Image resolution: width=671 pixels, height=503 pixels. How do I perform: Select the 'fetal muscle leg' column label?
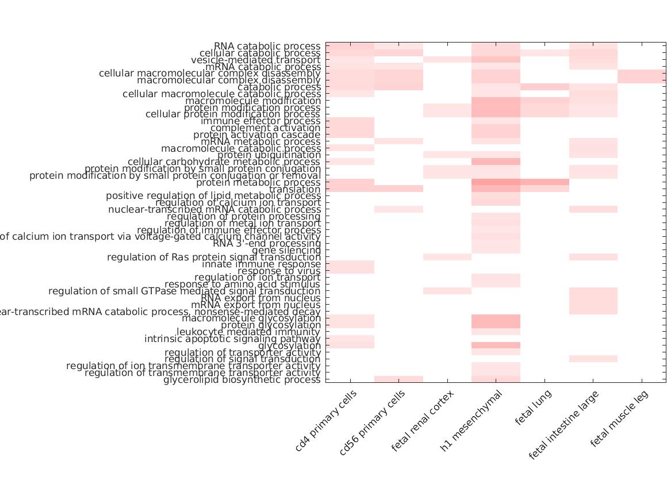coord(620,418)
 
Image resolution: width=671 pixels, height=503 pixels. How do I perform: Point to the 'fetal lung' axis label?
coord(533,407)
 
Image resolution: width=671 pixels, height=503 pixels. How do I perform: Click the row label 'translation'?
coord(294,189)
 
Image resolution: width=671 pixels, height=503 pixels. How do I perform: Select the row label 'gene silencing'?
coord(286,250)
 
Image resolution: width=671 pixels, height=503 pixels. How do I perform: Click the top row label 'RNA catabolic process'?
coord(267,46)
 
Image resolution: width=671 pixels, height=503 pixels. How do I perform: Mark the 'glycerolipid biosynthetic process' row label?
coord(242,379)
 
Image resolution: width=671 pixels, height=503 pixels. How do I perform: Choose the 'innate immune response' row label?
coord(261,264)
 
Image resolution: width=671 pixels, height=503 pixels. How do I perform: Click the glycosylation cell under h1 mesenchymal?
coord(496,345)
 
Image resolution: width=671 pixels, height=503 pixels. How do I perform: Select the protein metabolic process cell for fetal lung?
coord(545,182)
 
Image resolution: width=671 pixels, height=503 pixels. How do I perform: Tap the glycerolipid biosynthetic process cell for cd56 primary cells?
coord(398,379)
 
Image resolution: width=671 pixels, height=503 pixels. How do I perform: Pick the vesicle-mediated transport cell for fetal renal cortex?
coord(447,60)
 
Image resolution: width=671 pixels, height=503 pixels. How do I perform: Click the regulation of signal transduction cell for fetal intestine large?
coord(593,359)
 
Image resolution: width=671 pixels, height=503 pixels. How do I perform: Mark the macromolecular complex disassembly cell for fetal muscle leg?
coord(642,80)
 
